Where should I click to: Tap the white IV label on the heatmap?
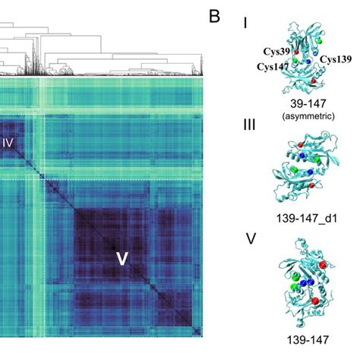point(8,141)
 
